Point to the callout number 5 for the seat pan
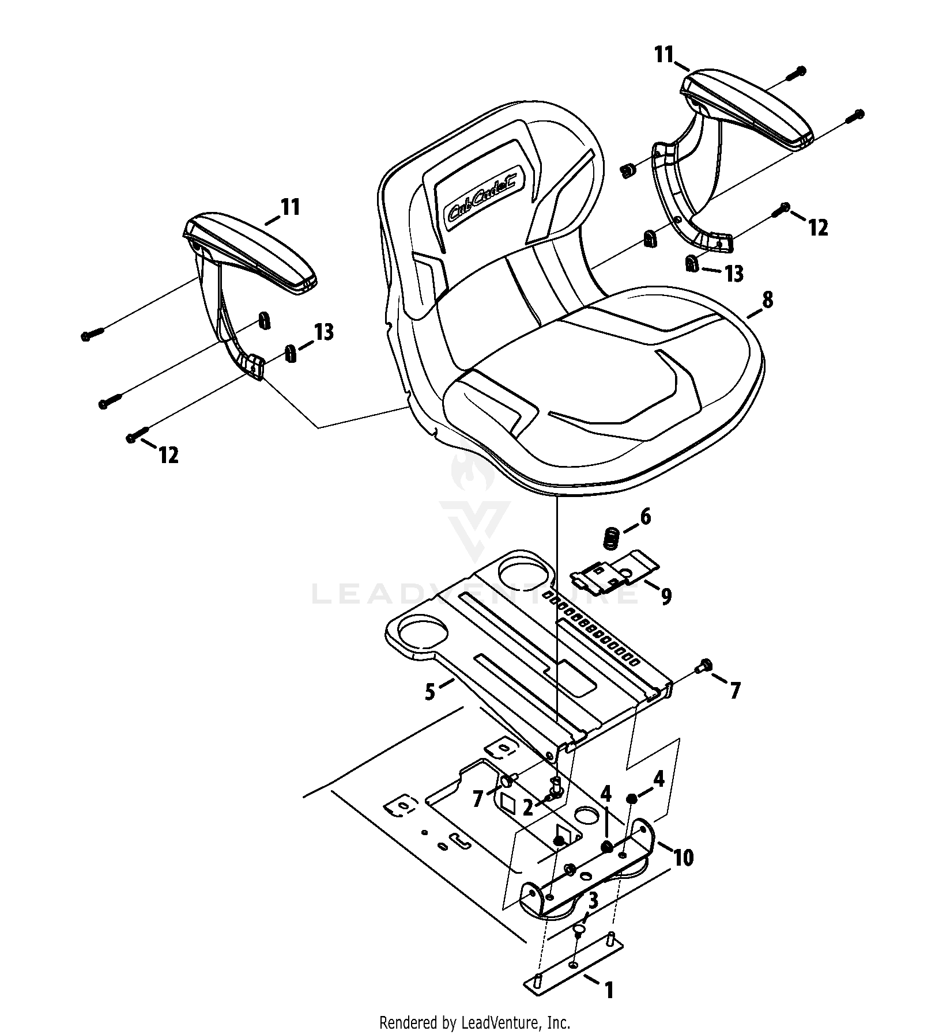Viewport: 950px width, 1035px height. (430, 692)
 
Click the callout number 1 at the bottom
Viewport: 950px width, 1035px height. (608, 990)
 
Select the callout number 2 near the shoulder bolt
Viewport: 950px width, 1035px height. (527, 808)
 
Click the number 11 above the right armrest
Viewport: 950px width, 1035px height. (664, 55)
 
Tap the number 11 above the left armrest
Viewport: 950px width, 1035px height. (290, 207)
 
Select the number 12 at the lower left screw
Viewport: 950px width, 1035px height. (168, 455)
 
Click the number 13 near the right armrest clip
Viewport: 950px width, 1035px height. (734, 274)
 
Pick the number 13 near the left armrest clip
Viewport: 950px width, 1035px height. (324, 332)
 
